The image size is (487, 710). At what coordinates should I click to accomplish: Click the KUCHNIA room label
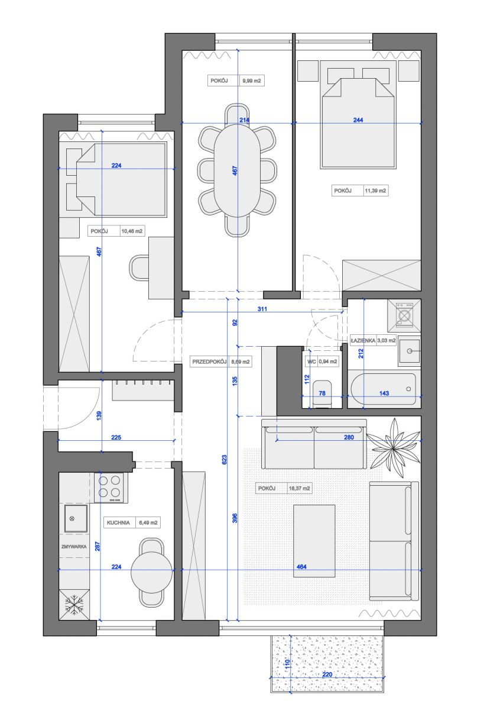[118, 522]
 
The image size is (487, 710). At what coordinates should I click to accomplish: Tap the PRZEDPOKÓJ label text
[209, 362]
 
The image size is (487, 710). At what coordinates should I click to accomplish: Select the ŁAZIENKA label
[363, 340]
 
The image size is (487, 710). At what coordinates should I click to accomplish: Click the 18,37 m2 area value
[299, 489]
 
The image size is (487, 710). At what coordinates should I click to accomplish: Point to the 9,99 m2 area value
[252, 81]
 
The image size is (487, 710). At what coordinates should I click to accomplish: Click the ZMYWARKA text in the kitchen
[74, 547]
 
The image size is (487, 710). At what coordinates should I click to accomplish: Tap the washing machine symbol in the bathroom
[404, 315]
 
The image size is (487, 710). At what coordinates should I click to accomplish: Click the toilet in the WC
[322, 393]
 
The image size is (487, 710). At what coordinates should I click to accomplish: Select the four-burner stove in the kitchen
[111, 488]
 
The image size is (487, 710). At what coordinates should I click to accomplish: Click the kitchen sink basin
[76, 519]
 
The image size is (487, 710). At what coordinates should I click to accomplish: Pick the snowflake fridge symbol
[74, 605]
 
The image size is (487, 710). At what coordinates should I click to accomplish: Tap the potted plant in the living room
[394, 448]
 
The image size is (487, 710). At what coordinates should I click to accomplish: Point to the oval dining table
[237, 170]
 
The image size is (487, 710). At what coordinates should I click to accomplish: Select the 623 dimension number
[224, 460]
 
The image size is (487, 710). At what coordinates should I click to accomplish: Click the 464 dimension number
[301, 567]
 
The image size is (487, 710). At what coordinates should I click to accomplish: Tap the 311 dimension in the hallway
[262, 309]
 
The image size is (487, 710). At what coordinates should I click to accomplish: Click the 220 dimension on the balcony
[327, 674]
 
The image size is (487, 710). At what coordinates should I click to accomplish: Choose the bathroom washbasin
[410, 351]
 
